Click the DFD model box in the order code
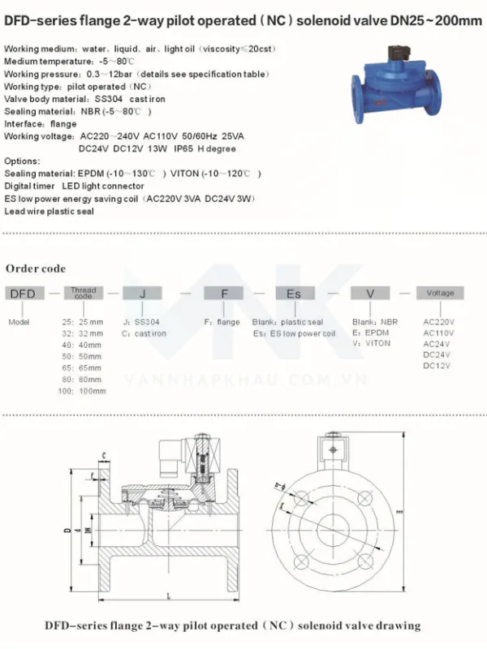(x=23, y=294)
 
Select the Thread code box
(x=84, y=294)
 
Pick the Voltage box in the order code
(x=441, y=293)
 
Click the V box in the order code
(x=371, y=294)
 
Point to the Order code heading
(x=36, y=269)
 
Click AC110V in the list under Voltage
(x=439, y=333)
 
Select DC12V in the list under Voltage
(x=437, y=366)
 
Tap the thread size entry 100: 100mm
(x=84, y=390)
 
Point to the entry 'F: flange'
(x=222, y=322)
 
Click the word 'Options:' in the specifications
(x=22, y=161)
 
